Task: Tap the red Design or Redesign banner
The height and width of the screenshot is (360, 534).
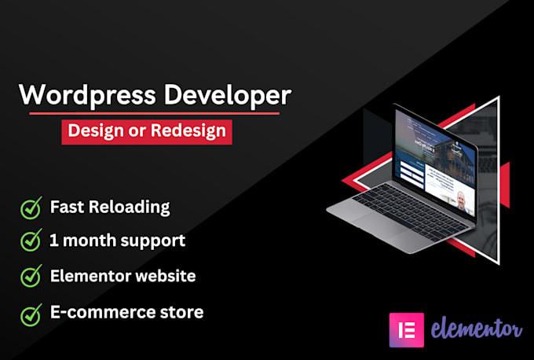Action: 148,130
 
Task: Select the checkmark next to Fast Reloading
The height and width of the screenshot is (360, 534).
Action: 31,208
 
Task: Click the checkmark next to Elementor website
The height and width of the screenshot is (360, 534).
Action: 31,277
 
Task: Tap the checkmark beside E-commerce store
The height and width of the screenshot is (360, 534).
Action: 31,313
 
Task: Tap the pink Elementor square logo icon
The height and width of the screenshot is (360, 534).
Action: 406,329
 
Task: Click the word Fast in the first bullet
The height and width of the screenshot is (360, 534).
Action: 66,208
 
